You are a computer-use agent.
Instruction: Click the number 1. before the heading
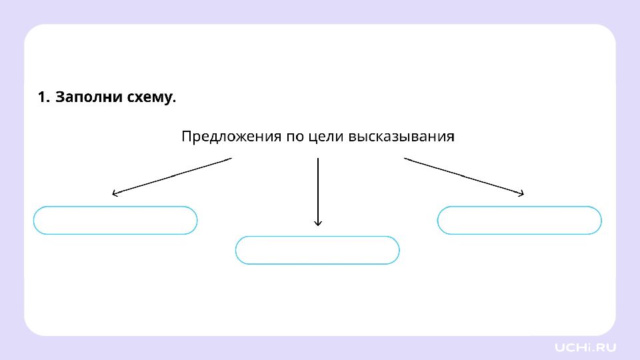pos(44,97)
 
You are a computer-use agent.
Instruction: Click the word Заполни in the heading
pos(89,97)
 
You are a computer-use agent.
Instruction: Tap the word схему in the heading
pos(151,98)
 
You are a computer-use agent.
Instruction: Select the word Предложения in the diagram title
pos(231,136)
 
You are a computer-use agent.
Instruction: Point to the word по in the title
pos(294,137)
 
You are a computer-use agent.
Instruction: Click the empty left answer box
pos(115,207)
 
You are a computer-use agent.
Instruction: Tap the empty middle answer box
pos(317,237)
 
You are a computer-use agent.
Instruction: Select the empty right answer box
pos(519,207)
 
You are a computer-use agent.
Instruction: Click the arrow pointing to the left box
pos(172,176)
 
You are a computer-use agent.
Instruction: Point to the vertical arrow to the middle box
pos(318,192)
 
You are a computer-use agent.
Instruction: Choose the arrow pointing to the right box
pos(464,176)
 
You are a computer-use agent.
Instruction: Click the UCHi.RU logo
pos(585,347)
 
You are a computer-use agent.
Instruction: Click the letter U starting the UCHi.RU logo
pos(560,348)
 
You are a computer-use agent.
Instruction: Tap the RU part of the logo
pos(606,348)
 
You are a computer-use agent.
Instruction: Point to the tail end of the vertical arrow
pos(318,159)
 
